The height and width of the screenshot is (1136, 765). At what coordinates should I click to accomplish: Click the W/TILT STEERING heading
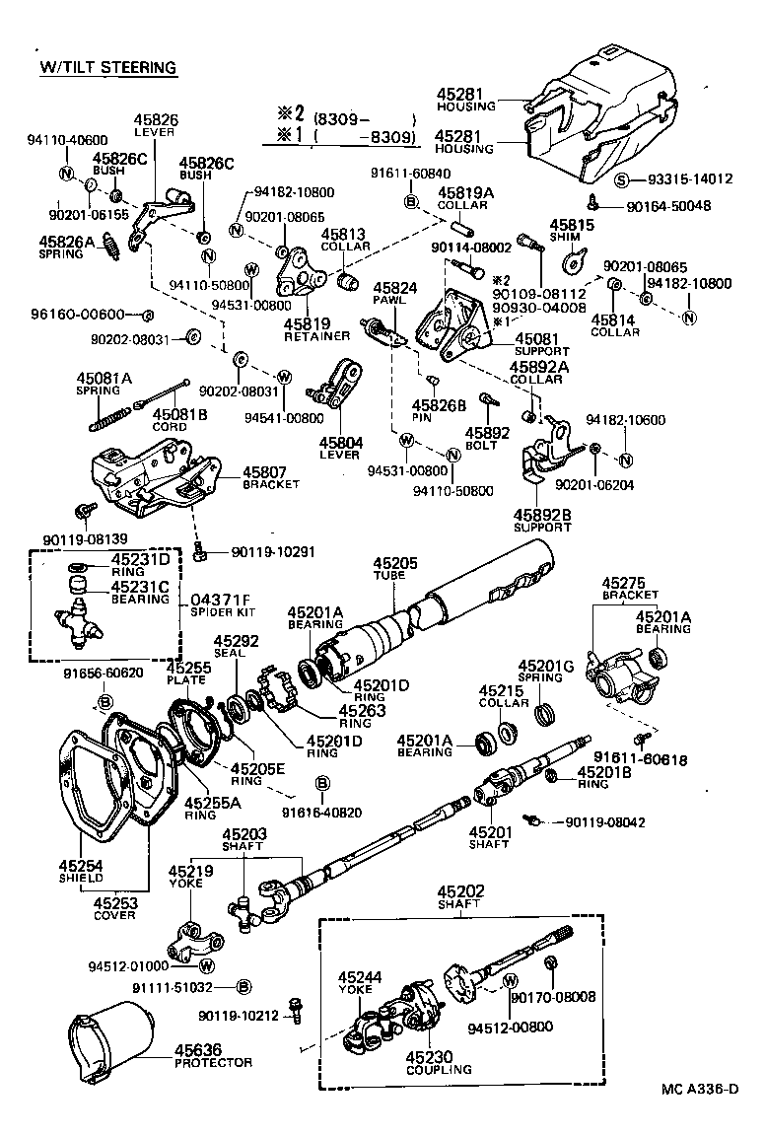[x=108, y=67]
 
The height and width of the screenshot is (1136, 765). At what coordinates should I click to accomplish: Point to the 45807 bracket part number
[x=264, y=471]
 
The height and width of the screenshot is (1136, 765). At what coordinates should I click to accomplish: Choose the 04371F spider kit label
[x=221, y=599]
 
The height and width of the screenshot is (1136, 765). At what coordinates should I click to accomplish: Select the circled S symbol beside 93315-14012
[x=622, y=179]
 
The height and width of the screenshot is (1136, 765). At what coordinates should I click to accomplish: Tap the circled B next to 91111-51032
[x=244, y=986]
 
